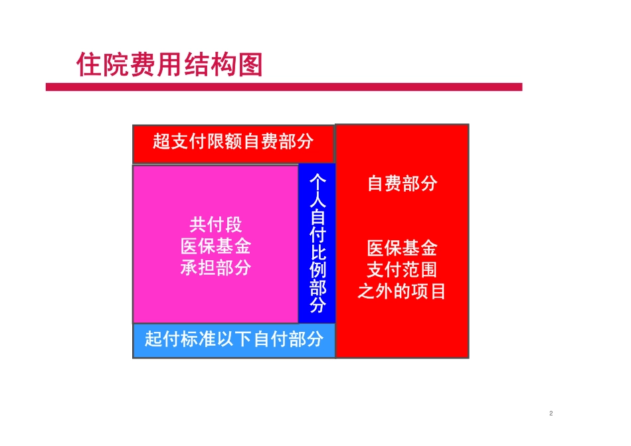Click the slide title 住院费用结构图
point(169,65)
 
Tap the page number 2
point(551,413)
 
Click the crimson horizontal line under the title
point(284,87)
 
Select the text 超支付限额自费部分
point(233,141)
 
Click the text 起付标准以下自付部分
point(234,339)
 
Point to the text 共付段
point(216,224)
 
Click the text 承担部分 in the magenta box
point(216,268)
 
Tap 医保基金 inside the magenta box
point(216,246)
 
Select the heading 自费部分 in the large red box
point(402,183)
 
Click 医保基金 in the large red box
point(402,248)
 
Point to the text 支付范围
point(402,270)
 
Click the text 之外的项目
point(402,291)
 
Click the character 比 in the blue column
point(317,252)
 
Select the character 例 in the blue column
point(317,270)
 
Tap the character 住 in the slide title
point(89,65)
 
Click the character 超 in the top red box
point(161,141)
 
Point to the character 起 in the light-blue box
point(153,339)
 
